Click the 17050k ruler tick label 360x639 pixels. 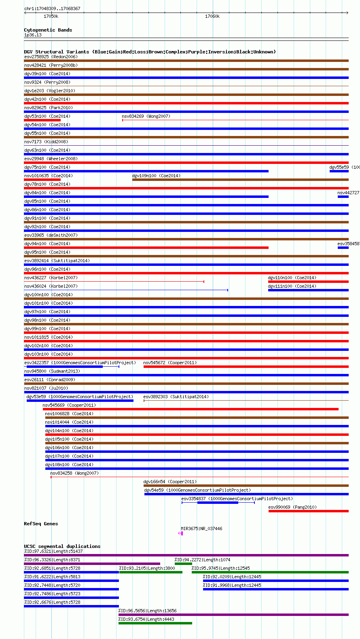click(x=51, y=17)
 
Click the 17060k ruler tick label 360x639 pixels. click(x=212, y=17)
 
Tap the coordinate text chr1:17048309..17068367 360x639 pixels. click(x=52, y=8)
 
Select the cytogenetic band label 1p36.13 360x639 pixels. click(x=33, y=35)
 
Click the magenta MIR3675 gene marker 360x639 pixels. click(x=182, y=533)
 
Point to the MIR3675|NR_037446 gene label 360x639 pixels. click(x=201, y=529)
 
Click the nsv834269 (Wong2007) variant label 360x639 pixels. click(x=146, y=116)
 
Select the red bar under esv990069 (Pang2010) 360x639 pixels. click(x=308, y=511)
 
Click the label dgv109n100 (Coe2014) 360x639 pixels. click(x=156, y=176)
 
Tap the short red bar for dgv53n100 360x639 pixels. click(x=42, y=120)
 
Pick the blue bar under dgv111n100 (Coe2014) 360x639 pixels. click(x=308, y=290)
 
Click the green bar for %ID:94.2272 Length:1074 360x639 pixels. click(x=183, y=564)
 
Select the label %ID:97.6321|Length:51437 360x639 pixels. click(x=53, y=551)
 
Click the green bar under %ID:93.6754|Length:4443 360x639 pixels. click(x=155, y=623)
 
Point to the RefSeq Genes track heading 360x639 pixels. click(x=41, y=524)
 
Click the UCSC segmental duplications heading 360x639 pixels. click(x=62, y=546)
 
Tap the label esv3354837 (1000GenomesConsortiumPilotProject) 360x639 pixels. click(x=237, y=499)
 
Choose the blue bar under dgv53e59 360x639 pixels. click(x=80, y=401)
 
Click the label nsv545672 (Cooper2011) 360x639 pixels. click(x=170, y=363)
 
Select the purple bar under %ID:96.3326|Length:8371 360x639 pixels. click(x=92, y=564)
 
